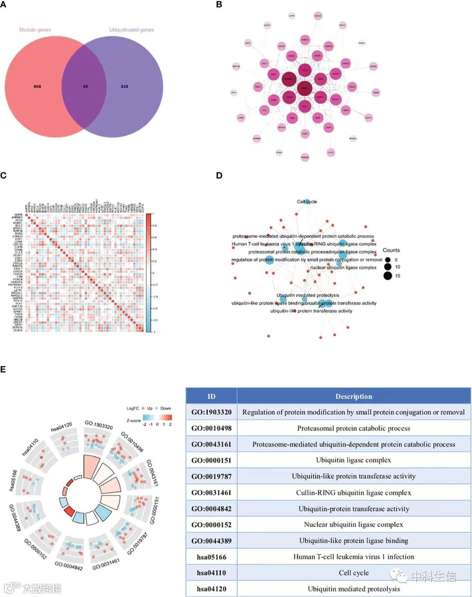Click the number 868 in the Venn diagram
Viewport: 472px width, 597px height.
point(37,86)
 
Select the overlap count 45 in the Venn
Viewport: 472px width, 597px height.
point(85,86)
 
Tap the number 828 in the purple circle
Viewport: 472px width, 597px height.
point(125,86)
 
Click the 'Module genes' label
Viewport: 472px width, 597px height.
point(35,30)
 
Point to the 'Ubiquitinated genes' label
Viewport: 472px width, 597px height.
point(131,30)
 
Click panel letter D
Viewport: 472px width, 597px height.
point(219,175)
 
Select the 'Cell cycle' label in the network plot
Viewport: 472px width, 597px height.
point(307,202)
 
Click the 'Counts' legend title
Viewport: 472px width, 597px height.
point(391,250)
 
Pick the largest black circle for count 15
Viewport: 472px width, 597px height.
point(388,275)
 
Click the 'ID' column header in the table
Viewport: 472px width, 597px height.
point(212,396)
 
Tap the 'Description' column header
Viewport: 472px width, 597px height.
point(354,396)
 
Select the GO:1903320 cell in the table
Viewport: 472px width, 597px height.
point(212,412)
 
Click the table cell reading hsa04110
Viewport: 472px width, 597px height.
point(212,573)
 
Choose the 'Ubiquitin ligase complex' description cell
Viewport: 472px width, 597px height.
point(354,460)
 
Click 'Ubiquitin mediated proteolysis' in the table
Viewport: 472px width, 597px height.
point(354,589)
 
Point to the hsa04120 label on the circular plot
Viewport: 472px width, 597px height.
point(61,427)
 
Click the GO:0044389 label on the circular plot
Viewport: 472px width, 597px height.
point(15,518)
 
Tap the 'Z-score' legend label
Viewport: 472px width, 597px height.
point(133,421)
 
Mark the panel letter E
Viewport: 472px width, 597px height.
point(3,370)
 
